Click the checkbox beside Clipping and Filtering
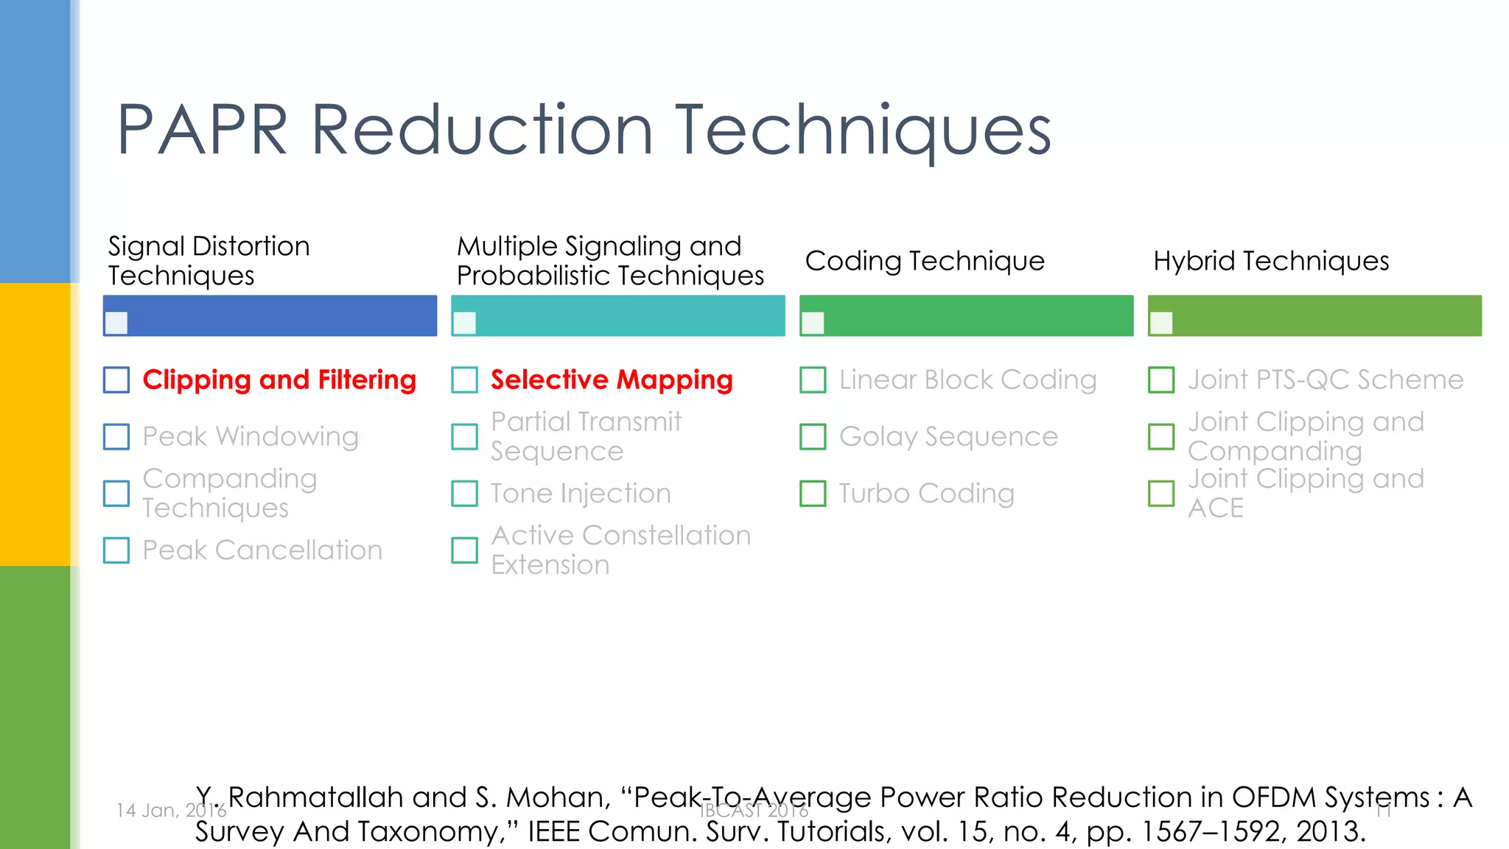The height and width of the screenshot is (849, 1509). pyautogui.click(x=116, y=380)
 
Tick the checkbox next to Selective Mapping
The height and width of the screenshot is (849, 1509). pyautogui.click(x=464, y=380)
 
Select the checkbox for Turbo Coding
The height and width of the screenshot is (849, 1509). pyautogui.click(x=813, y=494)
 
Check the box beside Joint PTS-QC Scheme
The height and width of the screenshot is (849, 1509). pyautogui.click(x=1161, y=380)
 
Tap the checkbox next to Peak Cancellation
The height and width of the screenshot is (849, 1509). pyautogui.click(x=116, y=551)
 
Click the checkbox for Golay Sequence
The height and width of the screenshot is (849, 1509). pyautogui.click(x=813, y=437)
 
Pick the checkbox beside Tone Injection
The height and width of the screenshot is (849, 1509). pyautogui.click(x=464, y=494)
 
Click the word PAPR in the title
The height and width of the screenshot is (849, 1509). pyautogui.click(x=202, y=130)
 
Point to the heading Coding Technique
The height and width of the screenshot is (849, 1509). pyautogui.click(x=925, y=261)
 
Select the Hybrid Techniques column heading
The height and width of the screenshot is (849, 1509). pyautogui.click(x=1271, y=261)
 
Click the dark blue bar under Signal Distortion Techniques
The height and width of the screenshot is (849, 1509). pyautogui.click(x=280, y=316)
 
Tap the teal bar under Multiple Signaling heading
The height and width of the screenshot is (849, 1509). pyautogui.click(x=626, y=316)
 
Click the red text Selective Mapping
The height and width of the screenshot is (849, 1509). pyautogui.click(x=612, y=380)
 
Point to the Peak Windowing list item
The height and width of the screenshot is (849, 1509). pyautogui.click(x=251, y=437)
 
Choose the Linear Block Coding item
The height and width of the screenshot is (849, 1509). pyautogui.click(x=967, y=380)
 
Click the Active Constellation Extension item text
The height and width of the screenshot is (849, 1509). pyautogui.click(x=620, y=551)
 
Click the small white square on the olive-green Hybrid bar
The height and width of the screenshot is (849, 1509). pyautogui.click(x=1161, y=323)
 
